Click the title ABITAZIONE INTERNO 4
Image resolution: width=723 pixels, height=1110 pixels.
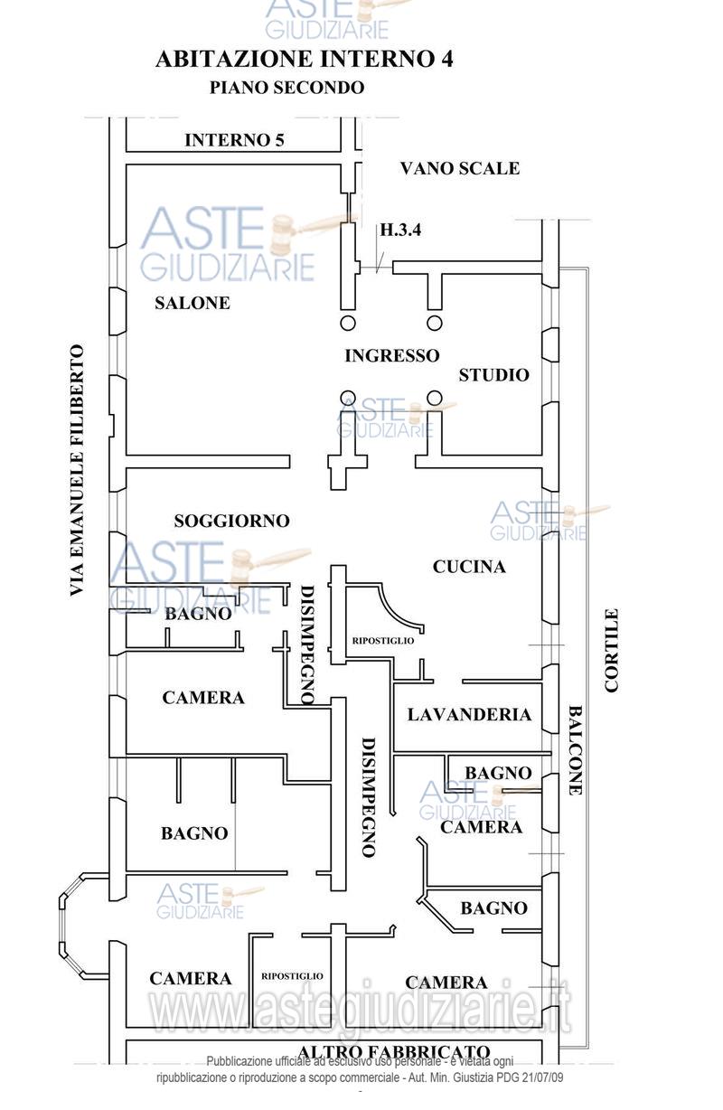[x=305, y=60]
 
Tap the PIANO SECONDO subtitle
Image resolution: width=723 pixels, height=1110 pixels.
[x=286, y=88]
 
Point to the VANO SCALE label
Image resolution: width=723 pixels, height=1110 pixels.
[x=460, y=168]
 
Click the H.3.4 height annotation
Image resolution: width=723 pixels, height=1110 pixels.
[x=400, y=230]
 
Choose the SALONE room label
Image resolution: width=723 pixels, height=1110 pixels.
[x=192, y=303]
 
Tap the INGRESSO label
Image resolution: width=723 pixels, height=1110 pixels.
[x=391, y=356]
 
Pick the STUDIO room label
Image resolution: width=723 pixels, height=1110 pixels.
[x=493, y=375]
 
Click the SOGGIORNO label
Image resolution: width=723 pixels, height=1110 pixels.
[x=231, y=521]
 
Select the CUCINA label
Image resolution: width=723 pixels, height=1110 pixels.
[x=469, y=567]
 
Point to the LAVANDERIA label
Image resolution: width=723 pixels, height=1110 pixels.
[x=469, y=715]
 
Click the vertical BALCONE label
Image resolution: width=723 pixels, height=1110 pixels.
[x=575, y=750]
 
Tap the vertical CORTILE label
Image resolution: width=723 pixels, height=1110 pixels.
[x=612, y=650]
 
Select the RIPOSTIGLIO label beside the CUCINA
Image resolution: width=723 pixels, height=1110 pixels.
[x=383, y=640]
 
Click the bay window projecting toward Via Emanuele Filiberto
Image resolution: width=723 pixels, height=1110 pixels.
[x=84, y=926]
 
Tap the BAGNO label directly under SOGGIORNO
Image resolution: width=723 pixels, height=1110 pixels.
[x=198, y=614]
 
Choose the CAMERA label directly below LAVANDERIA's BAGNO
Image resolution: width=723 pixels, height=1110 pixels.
[x=481, y=827]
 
